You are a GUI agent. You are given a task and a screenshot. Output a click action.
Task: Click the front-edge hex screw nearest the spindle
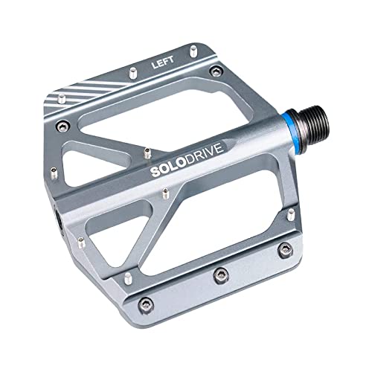tap(283, 250)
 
